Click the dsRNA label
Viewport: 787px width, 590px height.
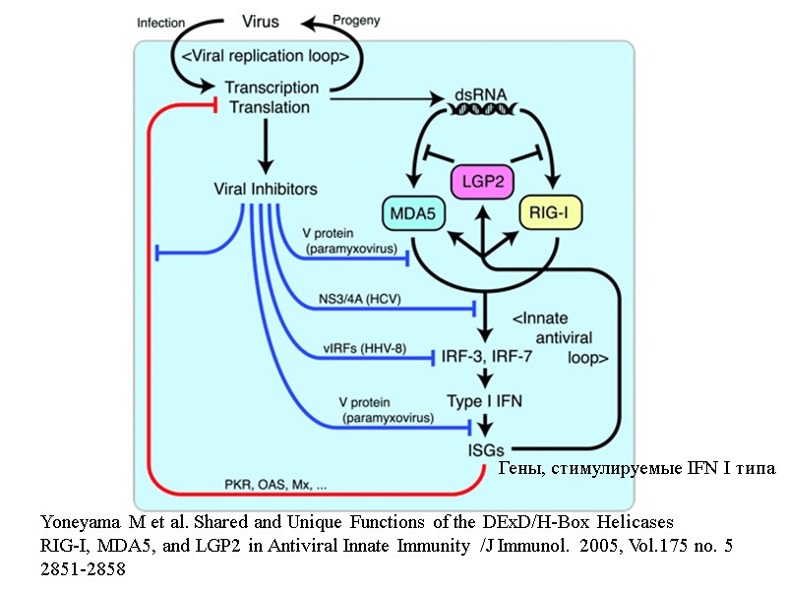tap(480, 96)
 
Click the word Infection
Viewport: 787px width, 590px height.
tap(162, 22)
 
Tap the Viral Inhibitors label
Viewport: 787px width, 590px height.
tap(265, 188)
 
